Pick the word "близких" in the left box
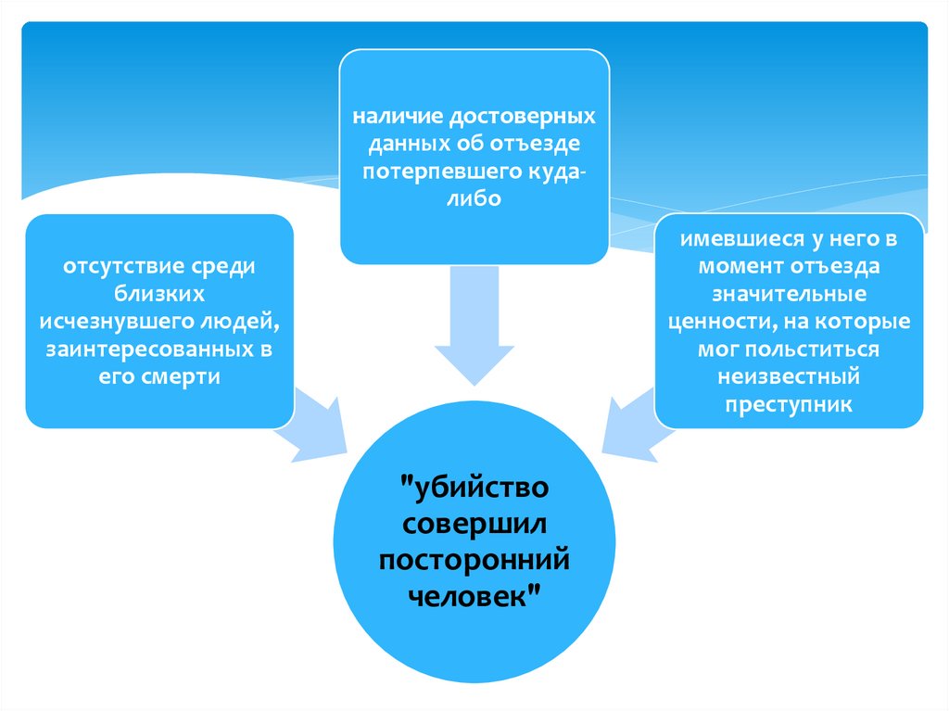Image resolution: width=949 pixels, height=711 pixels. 159,294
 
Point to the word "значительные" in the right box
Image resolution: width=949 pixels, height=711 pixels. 790,295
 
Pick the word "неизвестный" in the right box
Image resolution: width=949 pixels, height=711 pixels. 790,378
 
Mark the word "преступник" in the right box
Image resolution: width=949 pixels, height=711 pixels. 790,406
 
